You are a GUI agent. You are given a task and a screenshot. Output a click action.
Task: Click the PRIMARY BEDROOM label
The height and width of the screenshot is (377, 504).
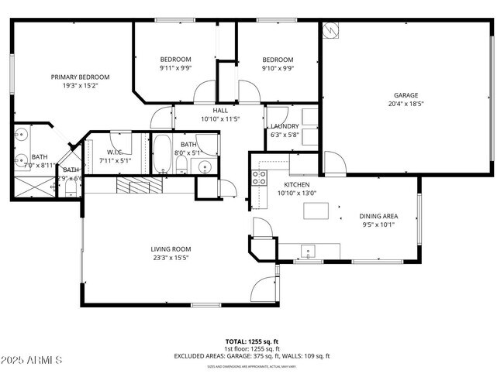tap(80, 77)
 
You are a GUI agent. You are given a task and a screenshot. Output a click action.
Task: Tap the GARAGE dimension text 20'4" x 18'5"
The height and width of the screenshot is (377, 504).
tap(406, 104)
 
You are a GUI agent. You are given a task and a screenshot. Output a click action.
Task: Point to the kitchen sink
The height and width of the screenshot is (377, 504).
tap(308, 251)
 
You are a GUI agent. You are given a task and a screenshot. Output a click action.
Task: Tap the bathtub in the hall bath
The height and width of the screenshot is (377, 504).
tap(162, 154)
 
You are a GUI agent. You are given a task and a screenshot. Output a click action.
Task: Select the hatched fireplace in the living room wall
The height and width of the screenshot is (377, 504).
tap(140, 186)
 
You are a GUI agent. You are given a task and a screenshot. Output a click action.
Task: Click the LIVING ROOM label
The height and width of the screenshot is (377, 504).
tap(170, 248)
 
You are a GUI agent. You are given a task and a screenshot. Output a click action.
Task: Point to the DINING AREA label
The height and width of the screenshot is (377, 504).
tap(378, 217)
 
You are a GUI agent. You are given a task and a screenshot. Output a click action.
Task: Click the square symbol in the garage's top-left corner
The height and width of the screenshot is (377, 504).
tap(330, 29)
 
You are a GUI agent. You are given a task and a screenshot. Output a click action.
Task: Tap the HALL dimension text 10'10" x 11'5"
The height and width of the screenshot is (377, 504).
tap(220, 119)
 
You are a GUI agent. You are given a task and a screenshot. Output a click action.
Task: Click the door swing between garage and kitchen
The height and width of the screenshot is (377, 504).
tap(334, 163)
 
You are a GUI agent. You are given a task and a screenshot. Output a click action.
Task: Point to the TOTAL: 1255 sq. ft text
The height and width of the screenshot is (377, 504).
tap(251, 341)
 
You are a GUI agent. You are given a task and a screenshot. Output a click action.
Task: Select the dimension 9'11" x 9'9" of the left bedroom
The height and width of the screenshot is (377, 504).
tap(176, 68)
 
